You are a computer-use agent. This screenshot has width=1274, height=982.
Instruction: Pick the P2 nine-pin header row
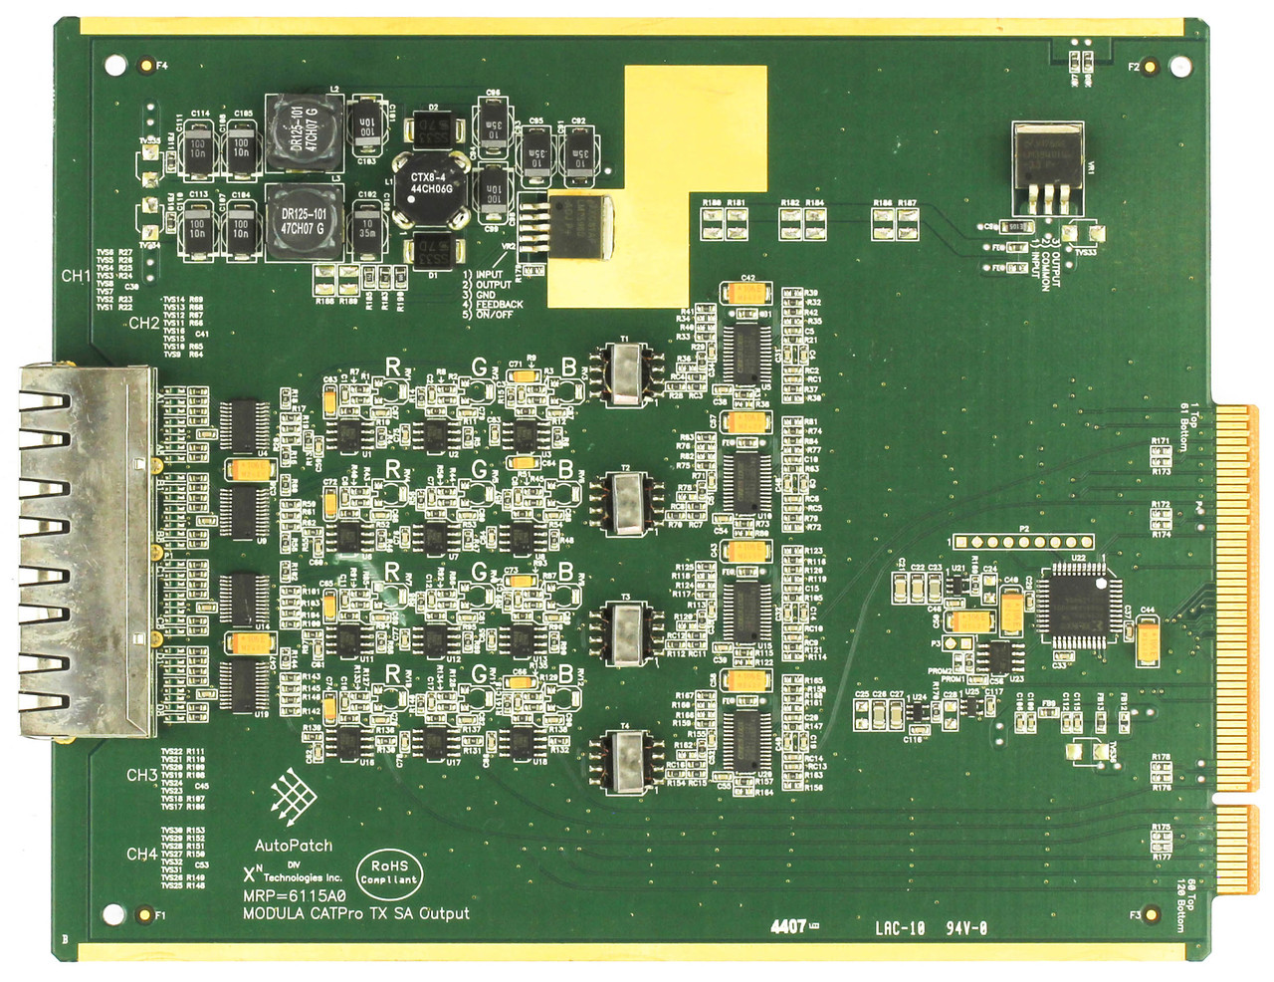pyautogui.click(x=1023, y=542)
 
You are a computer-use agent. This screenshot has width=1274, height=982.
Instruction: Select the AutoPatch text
pyautogui.click(x=294, y=846)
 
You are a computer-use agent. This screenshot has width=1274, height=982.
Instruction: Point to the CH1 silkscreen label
pyautogui.click(x=76, y=276)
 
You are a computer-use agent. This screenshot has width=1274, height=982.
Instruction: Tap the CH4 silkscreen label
pyautogui.click(x=141, y=854)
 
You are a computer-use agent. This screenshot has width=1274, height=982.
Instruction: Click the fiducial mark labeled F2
pyautogui.click(x=1152, y=68)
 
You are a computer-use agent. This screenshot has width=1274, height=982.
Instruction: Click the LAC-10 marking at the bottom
pyautogui.click(x=900, y=928)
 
